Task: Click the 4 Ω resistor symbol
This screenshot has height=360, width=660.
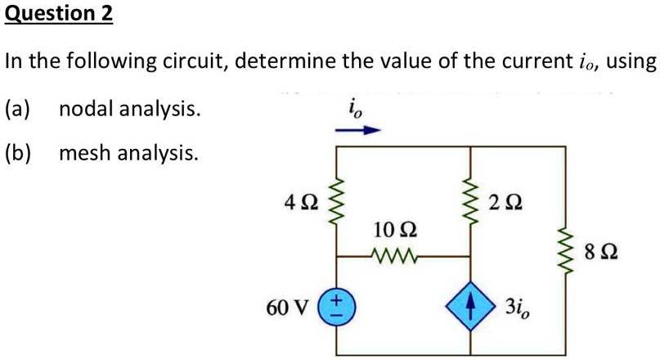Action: tap(334, 200)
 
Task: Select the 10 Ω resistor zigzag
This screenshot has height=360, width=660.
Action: tap(395, 255)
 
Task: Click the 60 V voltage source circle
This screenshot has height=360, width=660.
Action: tap(335, 311)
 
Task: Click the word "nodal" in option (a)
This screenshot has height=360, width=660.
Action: tap(88, 108)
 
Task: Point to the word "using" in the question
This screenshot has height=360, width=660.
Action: tap(631, 62)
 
